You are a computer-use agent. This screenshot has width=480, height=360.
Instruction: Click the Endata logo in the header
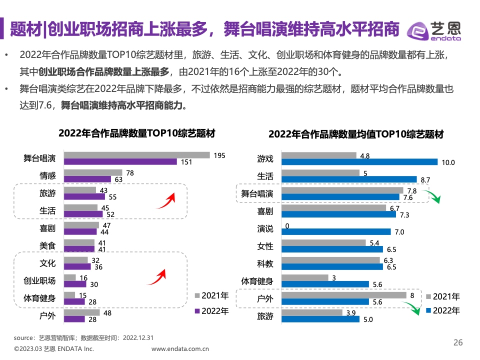pos(433,30)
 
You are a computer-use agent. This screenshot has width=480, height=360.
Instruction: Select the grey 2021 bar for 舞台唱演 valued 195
pos(137,155)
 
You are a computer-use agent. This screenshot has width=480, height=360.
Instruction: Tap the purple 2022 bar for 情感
pos(87,179)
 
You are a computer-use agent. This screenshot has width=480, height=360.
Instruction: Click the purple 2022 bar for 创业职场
pos(75,284)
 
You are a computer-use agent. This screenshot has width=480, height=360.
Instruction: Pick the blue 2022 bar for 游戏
pos(359,162)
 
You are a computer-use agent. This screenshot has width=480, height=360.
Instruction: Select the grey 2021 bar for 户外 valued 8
pos(344,295)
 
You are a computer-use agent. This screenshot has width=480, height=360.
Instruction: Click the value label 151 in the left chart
pos(186,162)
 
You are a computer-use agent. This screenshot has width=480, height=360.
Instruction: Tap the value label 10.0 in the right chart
pos(447,162)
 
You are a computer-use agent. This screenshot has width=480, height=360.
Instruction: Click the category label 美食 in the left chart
pos(48,245)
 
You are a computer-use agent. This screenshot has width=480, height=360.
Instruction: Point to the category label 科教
pos(265,263)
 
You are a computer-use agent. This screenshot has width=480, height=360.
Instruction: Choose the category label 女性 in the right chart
pos(265,246)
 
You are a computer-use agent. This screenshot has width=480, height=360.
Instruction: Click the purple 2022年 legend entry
pos(212,310)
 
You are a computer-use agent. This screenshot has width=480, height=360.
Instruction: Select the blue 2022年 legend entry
pos(442,310)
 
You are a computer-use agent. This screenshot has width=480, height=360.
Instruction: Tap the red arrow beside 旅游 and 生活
pos(164,201)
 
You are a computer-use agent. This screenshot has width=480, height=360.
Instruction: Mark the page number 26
pos(458,342)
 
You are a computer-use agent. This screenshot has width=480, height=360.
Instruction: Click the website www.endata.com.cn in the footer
pos(180,349)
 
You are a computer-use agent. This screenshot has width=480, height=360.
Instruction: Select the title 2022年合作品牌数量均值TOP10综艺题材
pos(355,134)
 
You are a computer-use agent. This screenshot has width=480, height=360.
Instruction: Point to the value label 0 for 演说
pos(287,225)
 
